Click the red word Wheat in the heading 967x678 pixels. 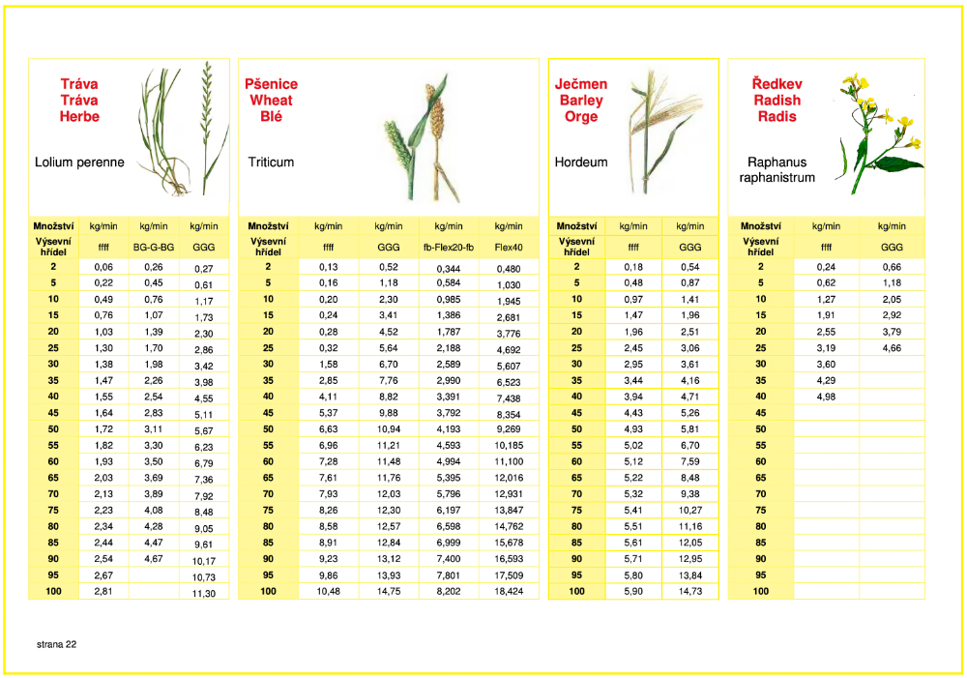(272, 100)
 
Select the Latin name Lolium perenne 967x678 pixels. (79, 162)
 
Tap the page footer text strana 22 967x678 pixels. (56, 644)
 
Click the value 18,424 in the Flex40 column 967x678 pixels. (509, 591)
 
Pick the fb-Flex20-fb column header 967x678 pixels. (449, 247)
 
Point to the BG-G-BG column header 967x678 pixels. (154, 247)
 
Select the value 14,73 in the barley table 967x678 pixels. (690, 591)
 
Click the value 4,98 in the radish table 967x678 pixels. (827, 397)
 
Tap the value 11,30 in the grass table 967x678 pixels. (203, 594)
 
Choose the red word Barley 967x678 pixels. (581, 100)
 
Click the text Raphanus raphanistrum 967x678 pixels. (777, 169)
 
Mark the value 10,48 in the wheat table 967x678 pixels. (328, 591)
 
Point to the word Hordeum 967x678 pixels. (581, 162)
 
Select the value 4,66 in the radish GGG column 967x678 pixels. (892, 347)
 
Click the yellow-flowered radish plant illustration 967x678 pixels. (880, 133)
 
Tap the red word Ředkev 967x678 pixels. (777, 83)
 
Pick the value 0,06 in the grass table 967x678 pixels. (103, 267)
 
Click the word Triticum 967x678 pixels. (271, 162)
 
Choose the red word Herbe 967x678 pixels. (79, 116)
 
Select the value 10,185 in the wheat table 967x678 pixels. (509, 445)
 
